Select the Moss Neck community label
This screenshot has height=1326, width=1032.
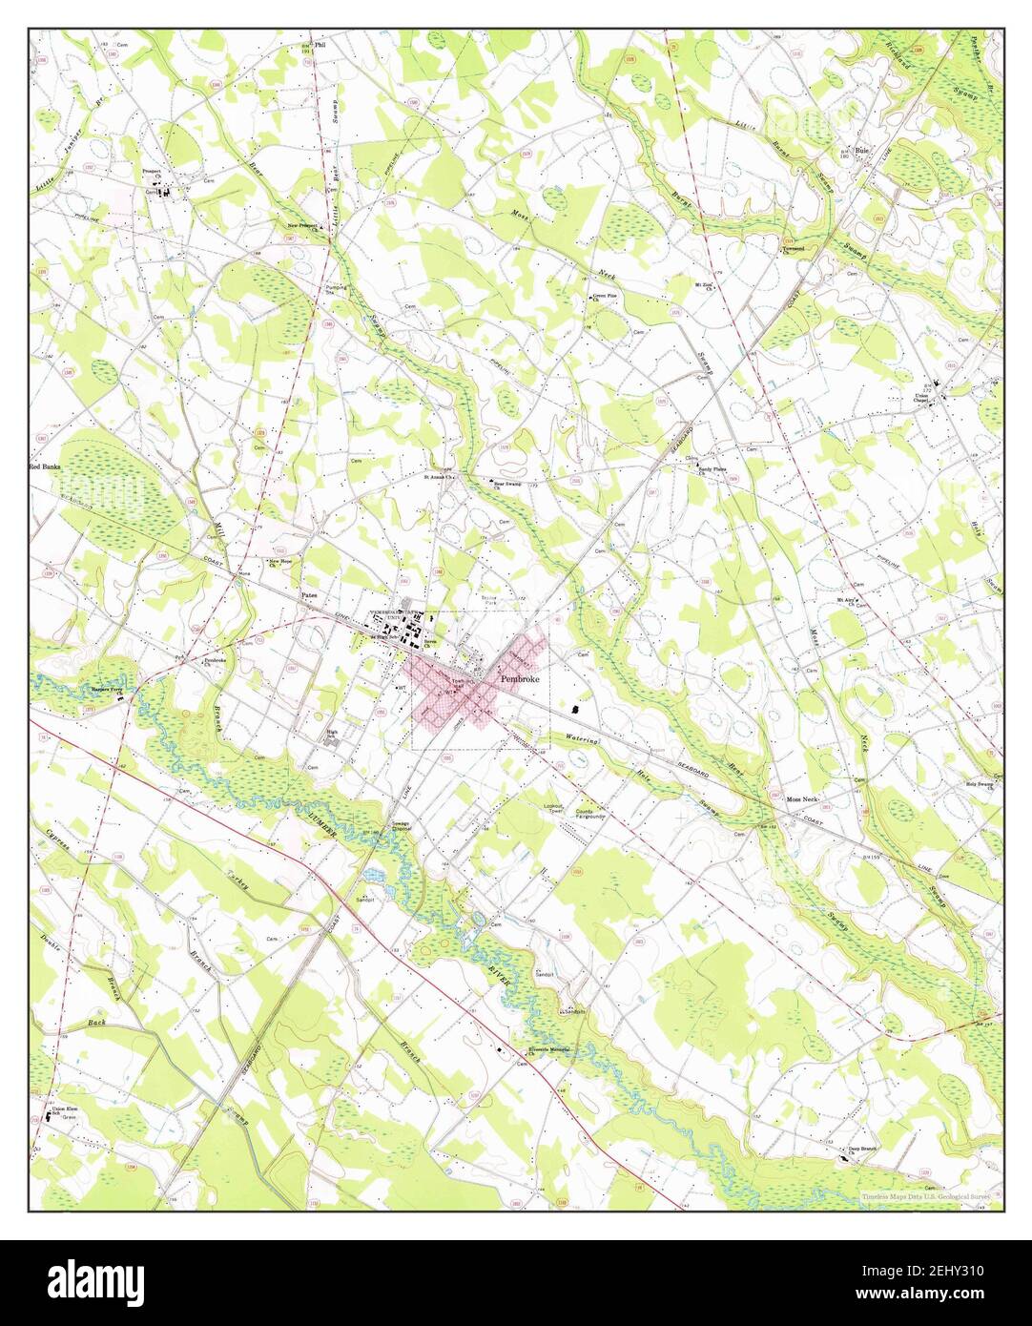pyautogui.click(x=805, y=798)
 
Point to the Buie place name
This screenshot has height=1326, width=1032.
pyautogui.click(x=864, y=151)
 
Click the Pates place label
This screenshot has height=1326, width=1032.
pyautogui.click(x=308, y=593)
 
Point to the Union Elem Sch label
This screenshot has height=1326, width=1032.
pyautogui.click(x=63, y=1110)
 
